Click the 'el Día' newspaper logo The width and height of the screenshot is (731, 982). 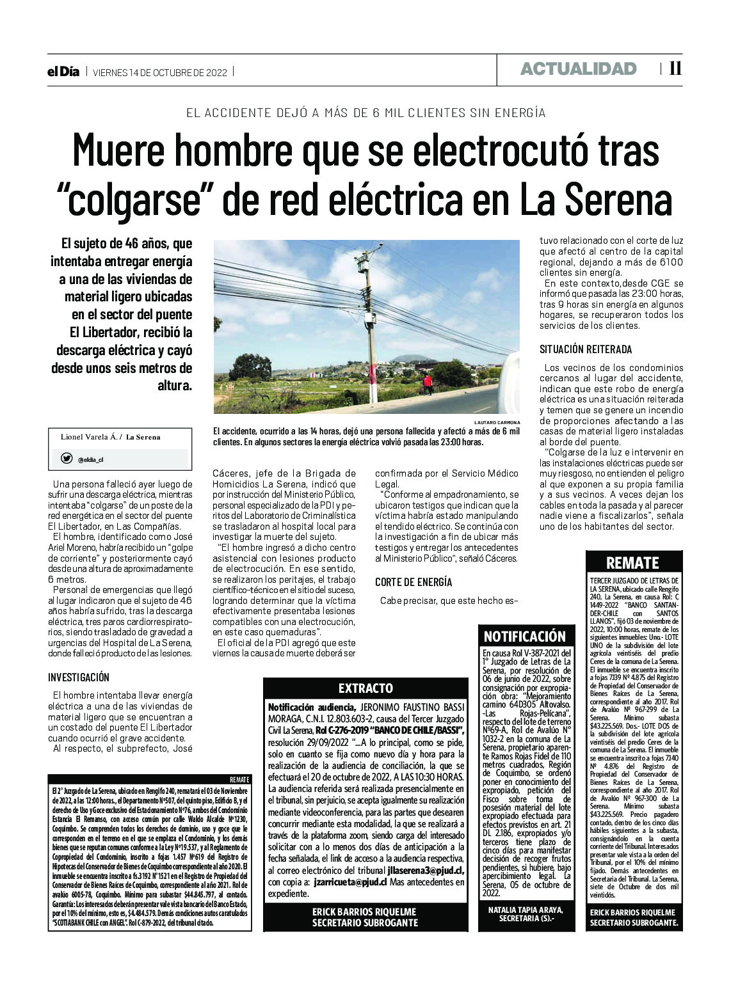point(63,72)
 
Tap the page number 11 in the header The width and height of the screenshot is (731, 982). point(675,69)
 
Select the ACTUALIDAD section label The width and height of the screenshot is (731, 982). point(578,69)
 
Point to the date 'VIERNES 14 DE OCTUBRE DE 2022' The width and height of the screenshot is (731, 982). point(161,72)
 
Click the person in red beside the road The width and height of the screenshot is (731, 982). point(427,384)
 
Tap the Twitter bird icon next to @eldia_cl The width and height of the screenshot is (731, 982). point(67,458)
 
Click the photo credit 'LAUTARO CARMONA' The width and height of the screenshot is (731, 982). point(497,423)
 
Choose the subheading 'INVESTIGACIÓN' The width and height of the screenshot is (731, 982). point(79,677)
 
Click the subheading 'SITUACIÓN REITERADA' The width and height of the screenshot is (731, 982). point(586,349)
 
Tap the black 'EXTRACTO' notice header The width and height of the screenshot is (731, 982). point(365,688)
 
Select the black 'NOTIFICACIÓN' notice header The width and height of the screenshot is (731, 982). point(524,636)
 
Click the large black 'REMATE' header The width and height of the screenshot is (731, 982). point(632,562)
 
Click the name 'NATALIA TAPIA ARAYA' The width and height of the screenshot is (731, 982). point(524,909)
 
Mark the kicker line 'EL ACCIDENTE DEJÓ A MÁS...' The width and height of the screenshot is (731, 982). point(365,113)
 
